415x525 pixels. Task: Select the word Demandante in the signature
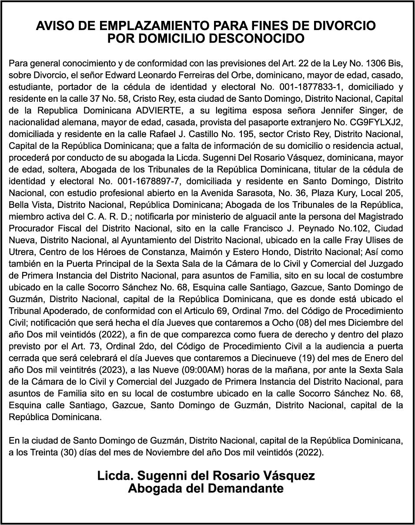pyautogui.click(x=246, y=488)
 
